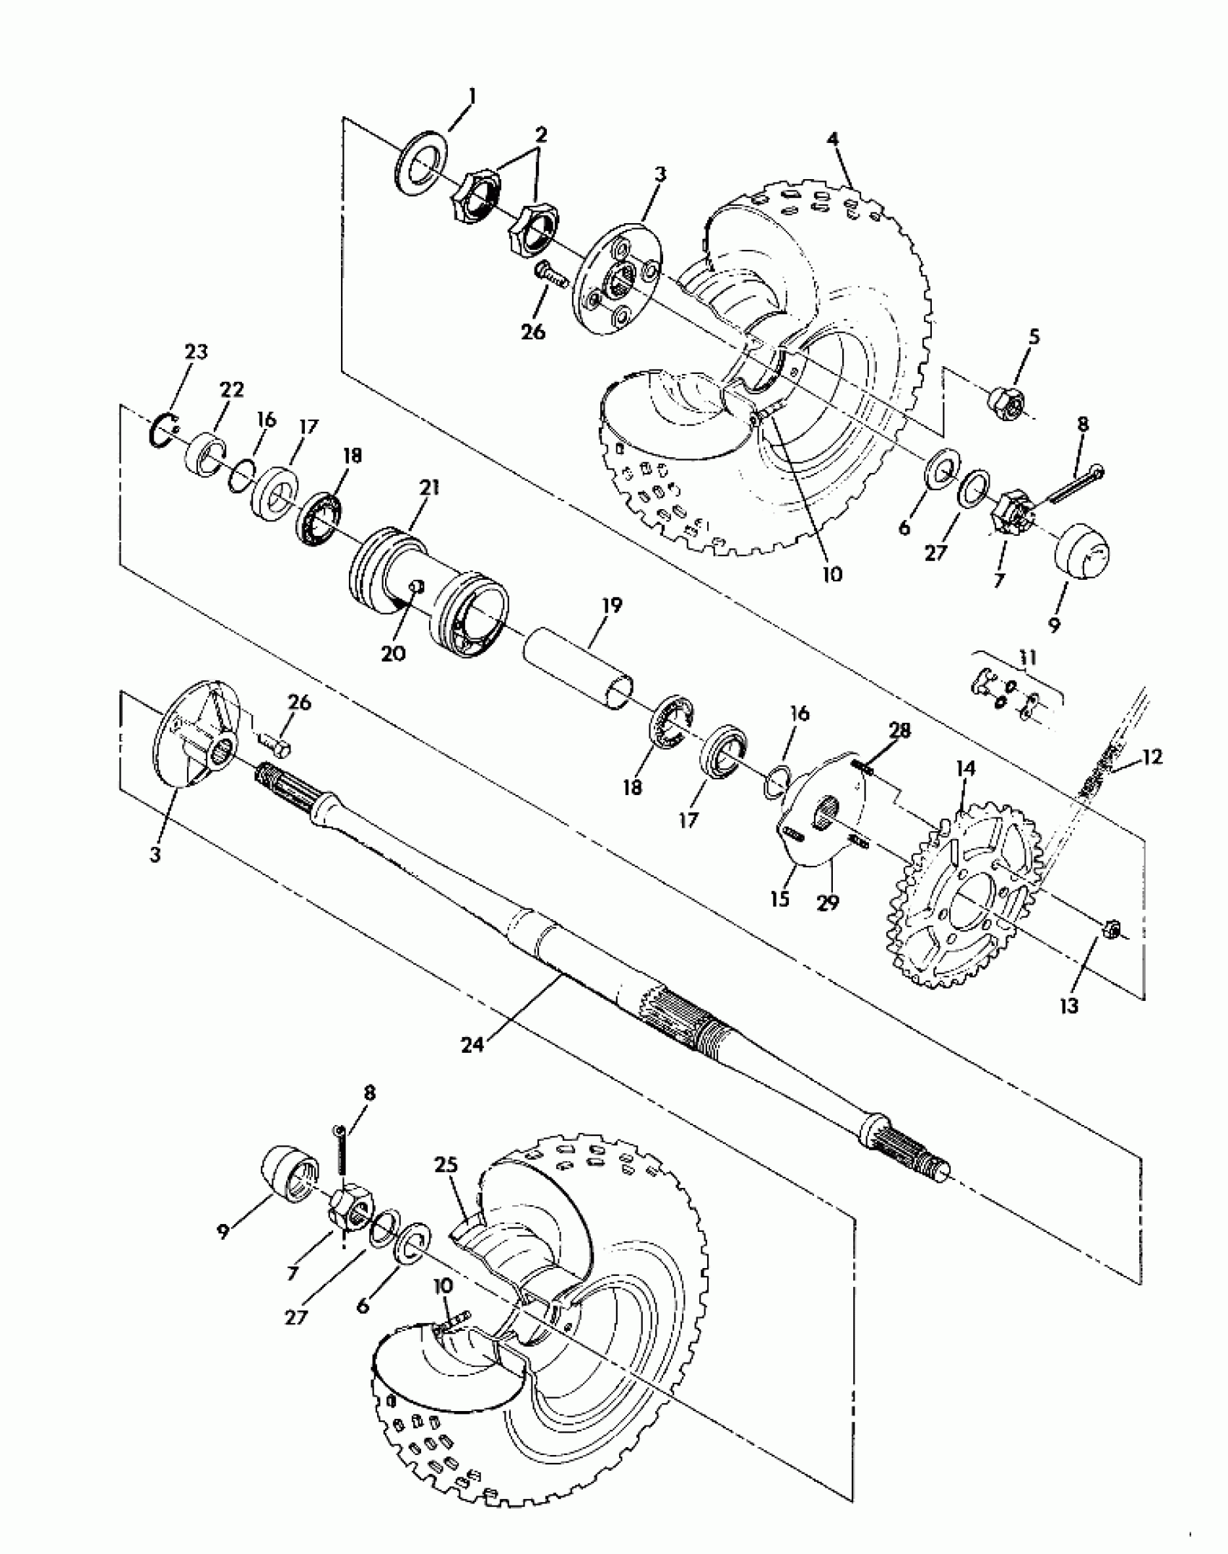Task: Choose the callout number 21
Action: (x=429, y=489)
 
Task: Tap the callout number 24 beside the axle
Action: (x=472, y=1044)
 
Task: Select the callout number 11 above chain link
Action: (x=1028, y=658)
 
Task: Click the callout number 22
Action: (x=233, y=390)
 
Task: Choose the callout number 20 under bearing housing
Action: (x=394, y=653)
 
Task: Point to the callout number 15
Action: (x=780, y=900)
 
